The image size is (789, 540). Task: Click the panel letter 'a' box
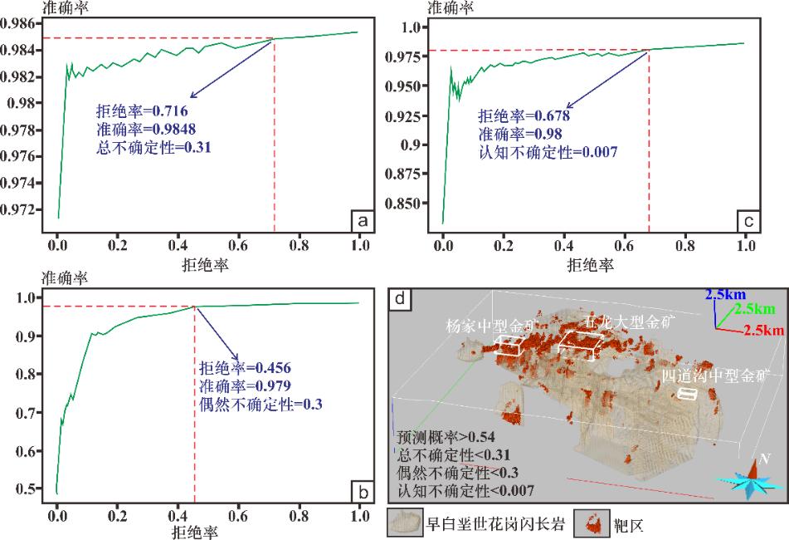[x=361, y=222]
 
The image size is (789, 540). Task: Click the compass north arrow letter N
[x=766, y=459]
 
